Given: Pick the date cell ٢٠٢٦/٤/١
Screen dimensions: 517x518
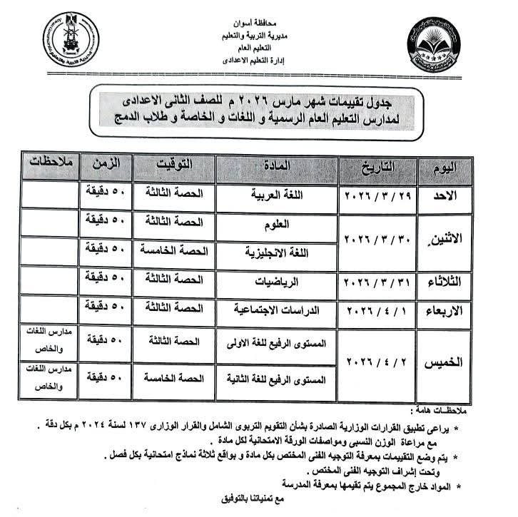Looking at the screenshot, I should (376, 311).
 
